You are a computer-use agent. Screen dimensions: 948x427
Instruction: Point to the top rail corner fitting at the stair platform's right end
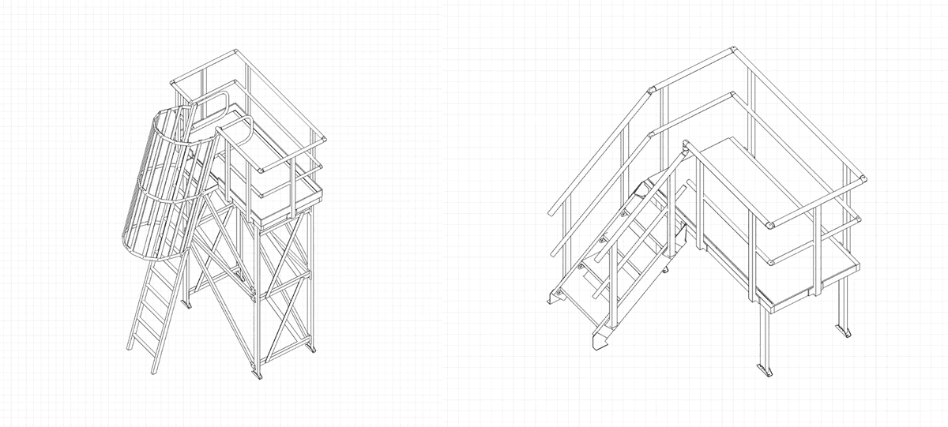click(863, 178)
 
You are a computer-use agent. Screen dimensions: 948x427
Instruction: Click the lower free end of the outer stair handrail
click(551, 213)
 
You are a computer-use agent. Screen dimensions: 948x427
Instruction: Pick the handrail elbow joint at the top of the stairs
click(653, 88)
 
